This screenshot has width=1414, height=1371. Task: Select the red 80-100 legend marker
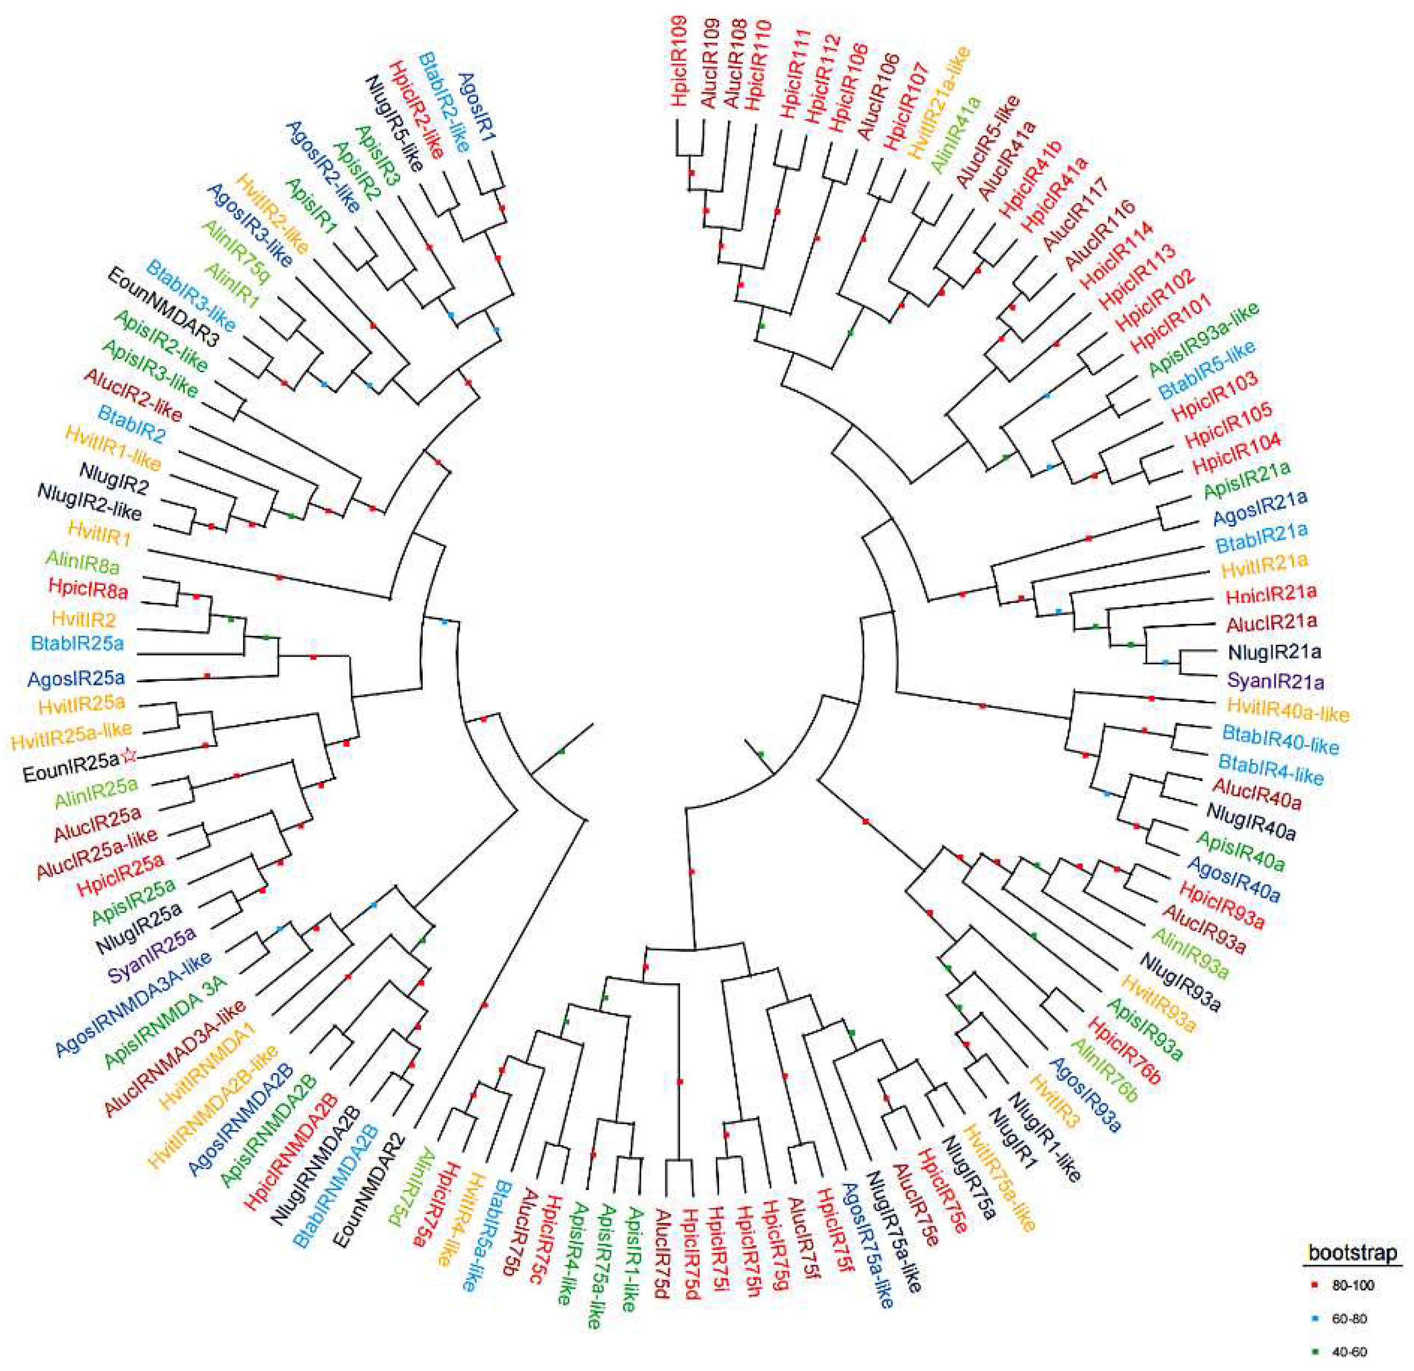(1314, 1284)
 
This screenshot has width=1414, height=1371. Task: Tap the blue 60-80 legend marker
(1314, 1318)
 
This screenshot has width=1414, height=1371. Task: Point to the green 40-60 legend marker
(1314, 1352)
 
